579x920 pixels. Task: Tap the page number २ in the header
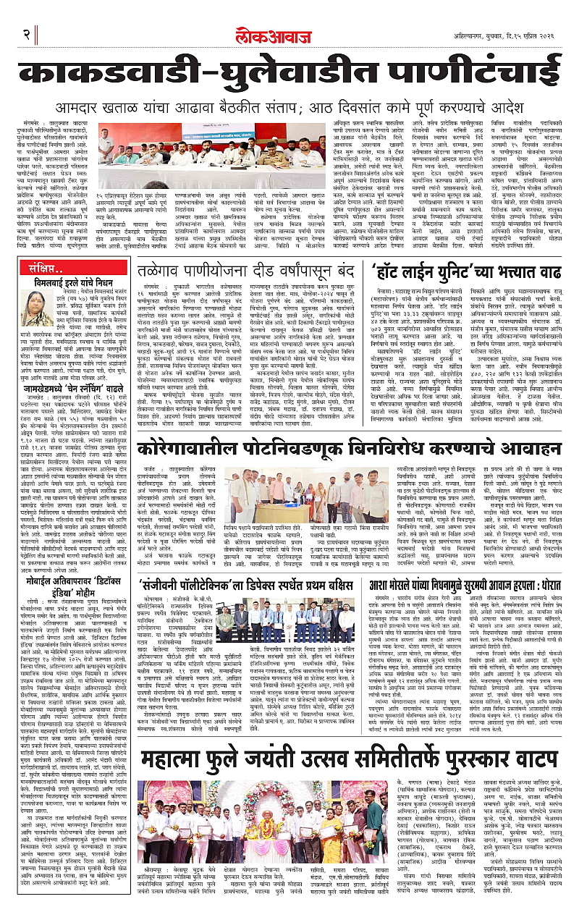tap(25, 14)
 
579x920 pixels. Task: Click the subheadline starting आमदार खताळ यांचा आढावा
tap(289, 107)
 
